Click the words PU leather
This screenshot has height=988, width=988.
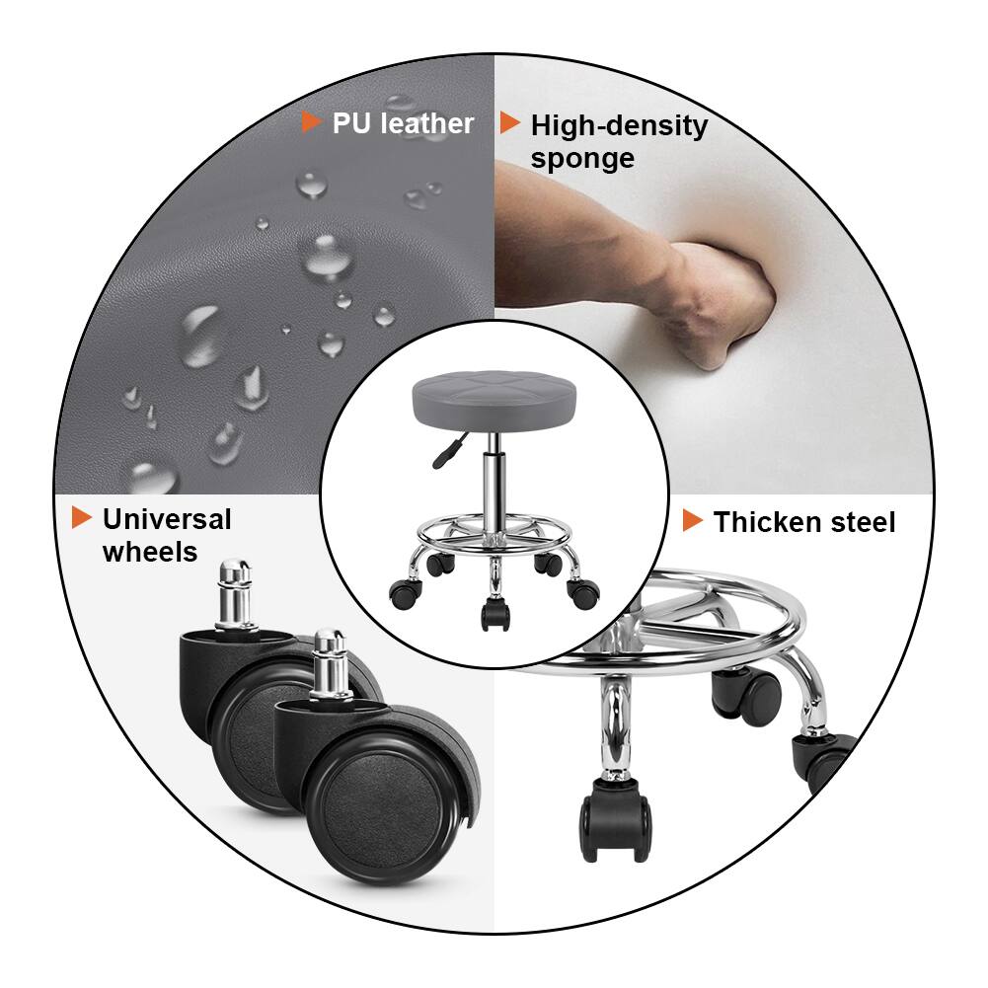[403, 123]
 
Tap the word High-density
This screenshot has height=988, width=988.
[619, 126]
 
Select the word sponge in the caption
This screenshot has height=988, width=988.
[582, 159]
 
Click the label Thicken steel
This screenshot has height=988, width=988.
[803, 522]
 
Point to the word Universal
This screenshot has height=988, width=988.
[167, 519]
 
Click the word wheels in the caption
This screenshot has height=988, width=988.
[150, 552]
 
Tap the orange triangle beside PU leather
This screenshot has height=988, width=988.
[311, 122]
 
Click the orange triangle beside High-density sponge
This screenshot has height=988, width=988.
[509, 123]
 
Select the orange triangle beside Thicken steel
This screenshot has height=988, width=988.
[693, 521]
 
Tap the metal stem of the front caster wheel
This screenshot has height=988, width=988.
[329, 664]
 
